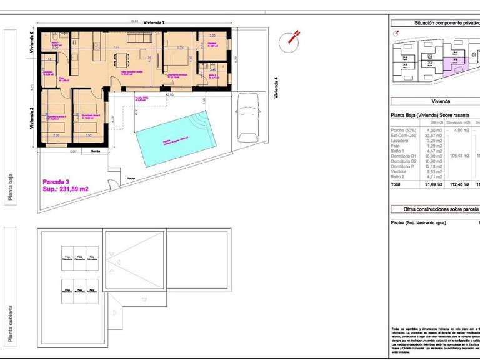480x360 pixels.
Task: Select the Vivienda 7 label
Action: (x=154, y=23)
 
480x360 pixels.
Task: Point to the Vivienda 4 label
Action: (x=276, y=87)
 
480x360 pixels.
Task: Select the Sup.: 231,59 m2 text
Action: (x=66, y=189)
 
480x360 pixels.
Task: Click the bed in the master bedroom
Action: (x=177, y=60)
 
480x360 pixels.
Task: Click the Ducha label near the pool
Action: (x=131, y=176)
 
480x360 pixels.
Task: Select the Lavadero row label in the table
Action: (x=402, y=141)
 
